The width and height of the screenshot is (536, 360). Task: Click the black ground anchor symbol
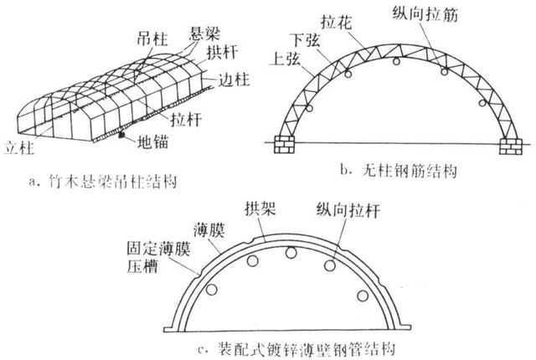pyautogui.click(x=123, y=135)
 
